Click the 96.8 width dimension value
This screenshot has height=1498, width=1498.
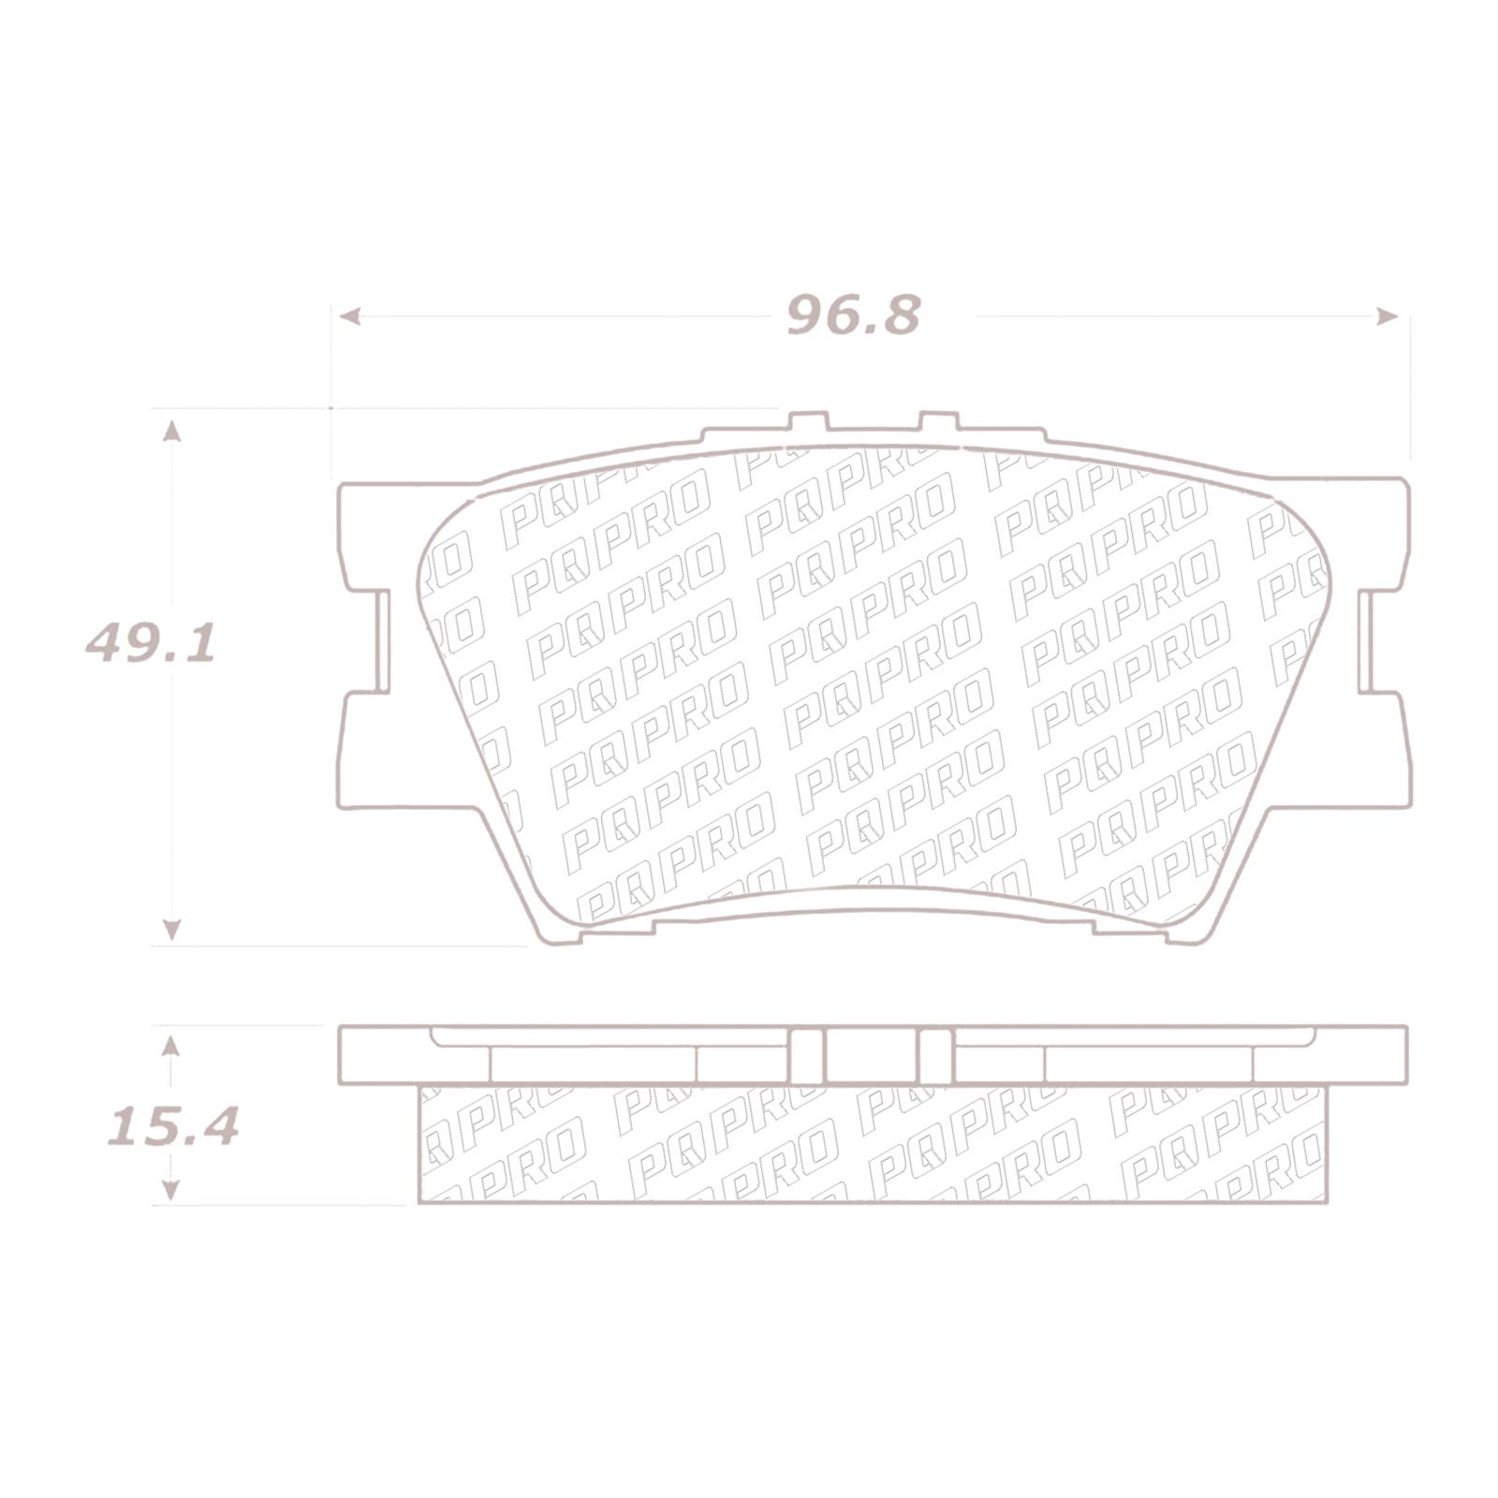[x=854, y=316]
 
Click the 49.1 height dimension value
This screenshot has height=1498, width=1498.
[x=150, y=645]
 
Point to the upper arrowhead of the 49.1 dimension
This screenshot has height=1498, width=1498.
[x=171, y=430]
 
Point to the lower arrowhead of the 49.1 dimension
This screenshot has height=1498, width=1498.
[x=171, y=929]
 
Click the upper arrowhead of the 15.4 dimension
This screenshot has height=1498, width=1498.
[x=170, y=1046]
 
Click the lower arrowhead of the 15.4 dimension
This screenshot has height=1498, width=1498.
[x=170, y=1189]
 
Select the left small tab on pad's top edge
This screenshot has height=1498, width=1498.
[x=807, y=422]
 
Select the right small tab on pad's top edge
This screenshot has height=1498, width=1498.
[x=939, y=422]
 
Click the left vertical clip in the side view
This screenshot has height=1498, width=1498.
[x=807, y=1056]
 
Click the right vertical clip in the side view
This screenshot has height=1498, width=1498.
[x=933, y=1056]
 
